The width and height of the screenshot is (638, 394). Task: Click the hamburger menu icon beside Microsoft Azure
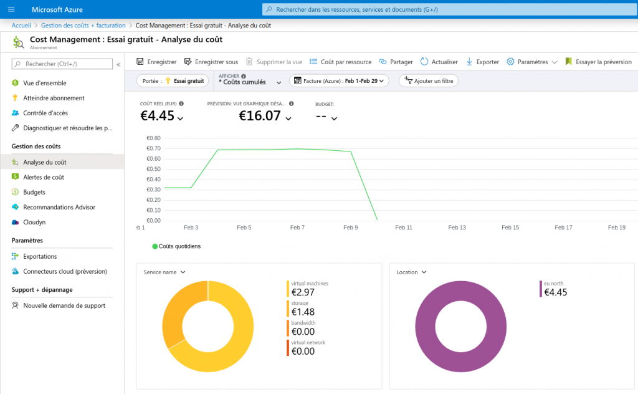(11, 9)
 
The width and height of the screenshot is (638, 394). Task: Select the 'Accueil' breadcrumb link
(21, 26)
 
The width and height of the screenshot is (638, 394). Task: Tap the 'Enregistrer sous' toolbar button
(211, 62)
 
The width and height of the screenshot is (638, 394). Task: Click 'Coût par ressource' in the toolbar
(341, 62)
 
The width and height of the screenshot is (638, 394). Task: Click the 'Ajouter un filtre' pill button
(429, 81)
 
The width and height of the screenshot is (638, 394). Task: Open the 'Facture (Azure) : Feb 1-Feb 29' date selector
(339, 81)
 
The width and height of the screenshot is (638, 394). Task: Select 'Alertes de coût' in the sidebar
(44, 177)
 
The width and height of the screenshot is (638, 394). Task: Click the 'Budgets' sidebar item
(34, 192)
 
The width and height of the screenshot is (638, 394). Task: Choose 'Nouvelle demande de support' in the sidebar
(64, 305)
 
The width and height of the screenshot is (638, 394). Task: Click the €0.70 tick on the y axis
(153, 148)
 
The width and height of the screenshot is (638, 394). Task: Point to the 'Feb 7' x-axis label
(297, 228)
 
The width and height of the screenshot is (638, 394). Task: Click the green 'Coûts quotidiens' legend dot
(155, 246)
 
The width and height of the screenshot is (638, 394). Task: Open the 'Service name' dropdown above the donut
(164, 272)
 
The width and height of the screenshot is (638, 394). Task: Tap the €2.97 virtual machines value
(303, 292)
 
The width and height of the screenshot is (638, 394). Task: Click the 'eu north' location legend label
(553, 284)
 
